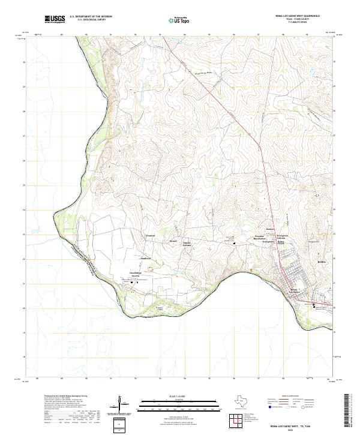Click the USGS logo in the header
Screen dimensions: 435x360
tap(55, 19)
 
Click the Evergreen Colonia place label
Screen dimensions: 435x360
tap(282, 236)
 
